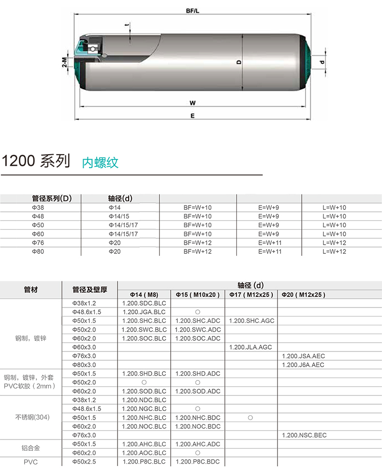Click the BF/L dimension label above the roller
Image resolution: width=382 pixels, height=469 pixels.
[192, 11]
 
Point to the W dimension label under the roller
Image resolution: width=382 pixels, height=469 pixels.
[192, 103]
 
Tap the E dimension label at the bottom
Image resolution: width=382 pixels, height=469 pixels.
[192, 116]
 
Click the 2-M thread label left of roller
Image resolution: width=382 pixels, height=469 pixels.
[64, 62]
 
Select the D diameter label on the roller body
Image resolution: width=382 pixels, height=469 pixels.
[239, 62]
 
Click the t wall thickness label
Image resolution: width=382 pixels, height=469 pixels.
[128, 25]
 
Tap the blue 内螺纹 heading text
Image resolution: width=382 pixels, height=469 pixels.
[100, 163]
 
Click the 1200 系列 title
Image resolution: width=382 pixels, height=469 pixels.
[36, 161]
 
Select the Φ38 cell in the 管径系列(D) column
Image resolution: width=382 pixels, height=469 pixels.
[38, 207]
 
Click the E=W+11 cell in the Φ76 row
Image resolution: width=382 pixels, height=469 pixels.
[270, 243]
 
